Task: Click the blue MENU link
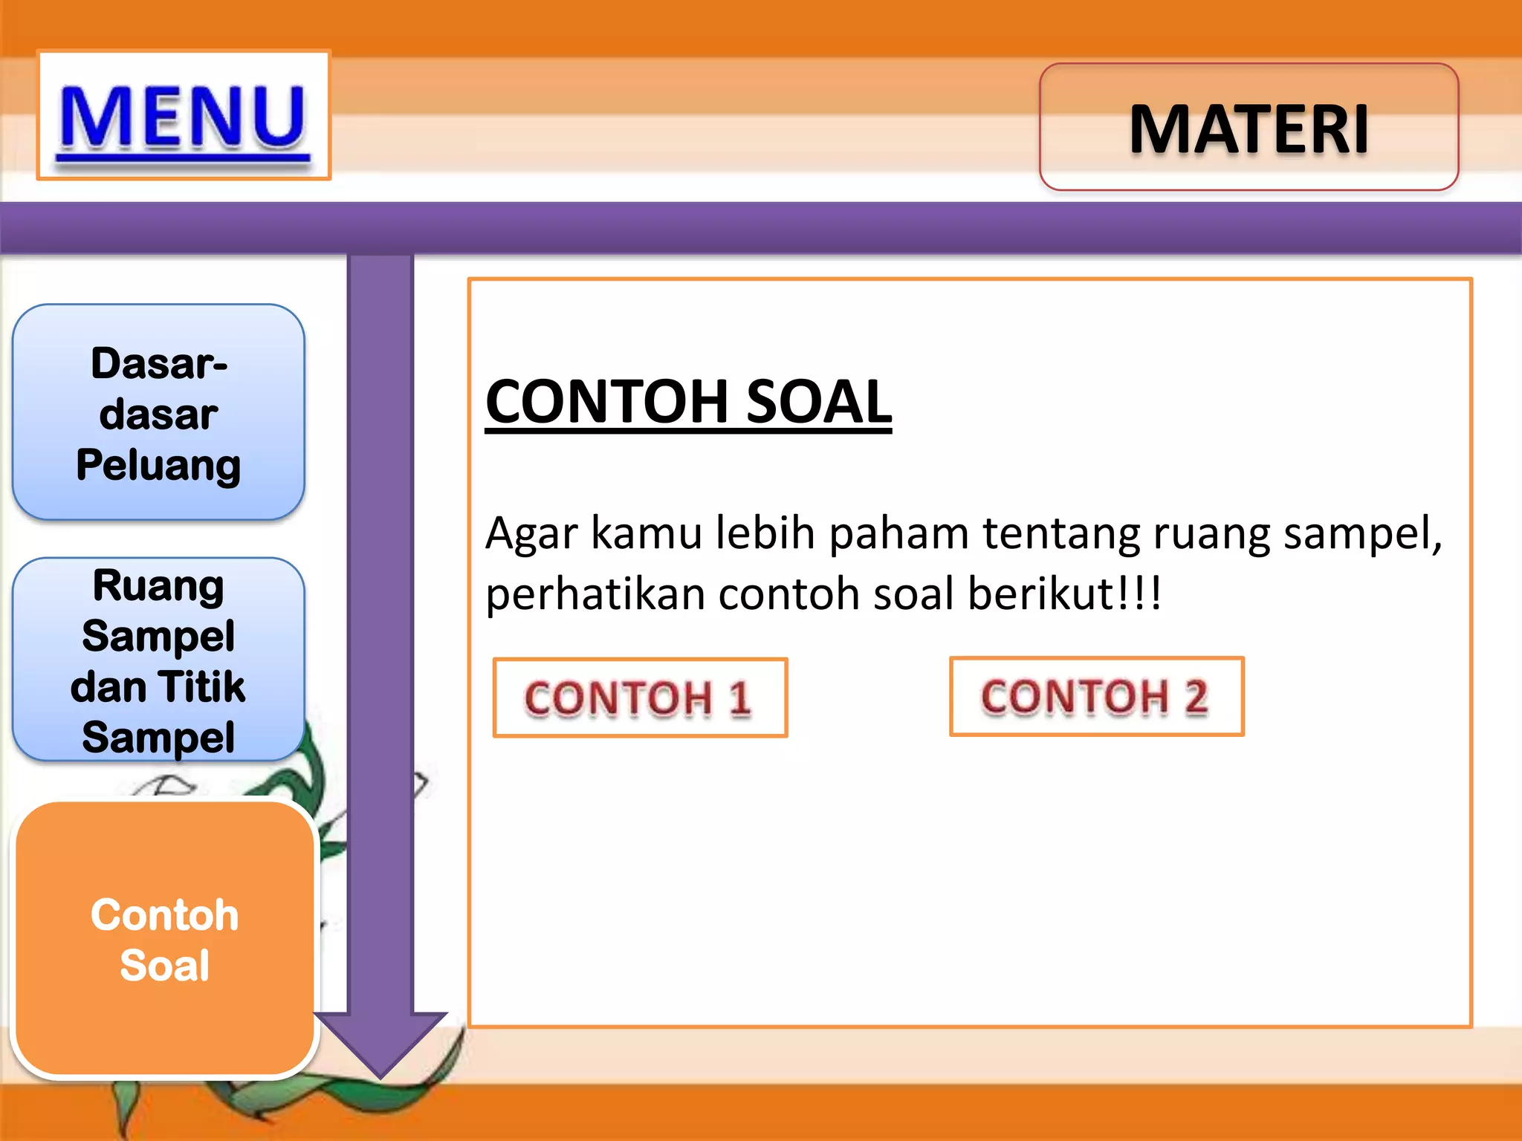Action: pos(183,117)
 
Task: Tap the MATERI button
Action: pos(1249,128)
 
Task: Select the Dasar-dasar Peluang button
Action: pos(158,412)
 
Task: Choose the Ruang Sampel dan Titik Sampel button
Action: pos(158,660)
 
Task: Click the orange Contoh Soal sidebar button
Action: pos(165,939)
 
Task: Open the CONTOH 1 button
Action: pos(640,698)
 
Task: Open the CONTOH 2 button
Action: pos(1096,696)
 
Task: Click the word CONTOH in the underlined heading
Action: pos(606,402)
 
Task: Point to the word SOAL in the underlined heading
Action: pos(818,402)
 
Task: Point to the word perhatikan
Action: pos(595,595)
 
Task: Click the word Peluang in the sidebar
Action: pos(158,466)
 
